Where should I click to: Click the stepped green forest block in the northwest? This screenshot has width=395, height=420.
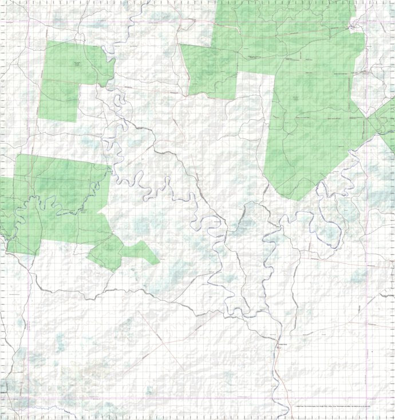tap(69, 75)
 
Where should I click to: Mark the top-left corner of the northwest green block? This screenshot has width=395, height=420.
tap(47, 41)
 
